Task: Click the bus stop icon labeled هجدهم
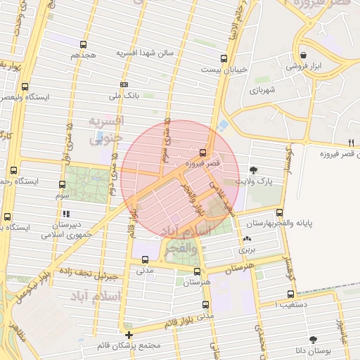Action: [84, 44]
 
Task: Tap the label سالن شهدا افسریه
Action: [144, 54]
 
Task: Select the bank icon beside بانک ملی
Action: [124, 84]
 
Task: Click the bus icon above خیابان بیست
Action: [224, 59]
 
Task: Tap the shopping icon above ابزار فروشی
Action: [302, 55]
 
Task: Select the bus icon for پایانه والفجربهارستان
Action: [280, 213]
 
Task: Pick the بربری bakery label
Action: [247, 249]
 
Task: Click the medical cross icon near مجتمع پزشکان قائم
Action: [129, 335]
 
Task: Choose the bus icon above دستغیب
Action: [290, 295]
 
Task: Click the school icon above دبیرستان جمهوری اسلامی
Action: [66, 214]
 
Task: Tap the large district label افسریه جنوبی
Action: [105, 130]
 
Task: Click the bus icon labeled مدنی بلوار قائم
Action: [205, 305]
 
